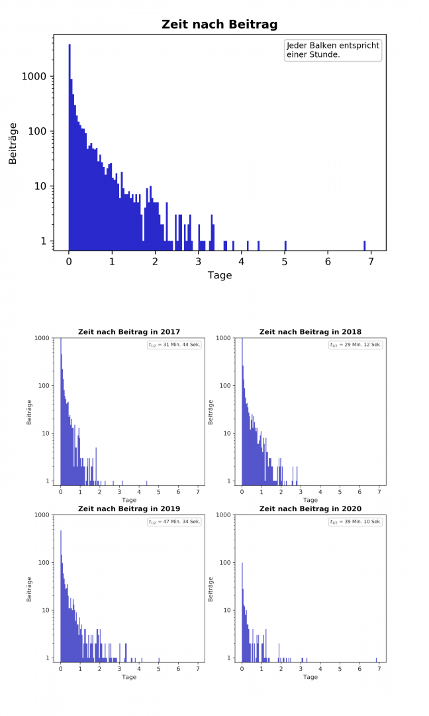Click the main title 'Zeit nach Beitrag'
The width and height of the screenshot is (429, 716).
[x=219, y=25]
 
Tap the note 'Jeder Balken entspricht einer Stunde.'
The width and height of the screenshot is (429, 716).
[x=332, y=50]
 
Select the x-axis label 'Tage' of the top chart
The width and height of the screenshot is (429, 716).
[x=220, y=275]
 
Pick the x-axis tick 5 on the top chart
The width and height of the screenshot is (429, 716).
[x=285, y=261]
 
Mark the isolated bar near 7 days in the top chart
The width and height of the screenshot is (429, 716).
[x=365, y=245]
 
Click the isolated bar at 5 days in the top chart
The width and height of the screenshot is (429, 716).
[x=285, y=245]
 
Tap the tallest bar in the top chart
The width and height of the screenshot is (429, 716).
[x=70, y=146]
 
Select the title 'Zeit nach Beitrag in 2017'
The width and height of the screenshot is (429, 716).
[x=129, y=331]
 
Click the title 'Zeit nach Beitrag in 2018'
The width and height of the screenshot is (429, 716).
[x=310, y=331]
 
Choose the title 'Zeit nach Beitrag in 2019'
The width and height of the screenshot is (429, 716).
[x=129, y=508]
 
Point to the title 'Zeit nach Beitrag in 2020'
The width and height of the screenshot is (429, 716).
[x=310, y=508]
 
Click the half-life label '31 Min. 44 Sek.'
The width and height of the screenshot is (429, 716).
[x=174, y=345]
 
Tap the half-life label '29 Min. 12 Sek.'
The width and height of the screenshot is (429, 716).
[x=356, y=345]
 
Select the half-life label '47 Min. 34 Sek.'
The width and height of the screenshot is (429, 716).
[x=174, y=522]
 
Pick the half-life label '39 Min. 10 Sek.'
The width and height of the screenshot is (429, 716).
[x=356, y=522]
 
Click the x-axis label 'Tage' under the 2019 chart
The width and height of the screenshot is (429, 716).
[x=129, y=677]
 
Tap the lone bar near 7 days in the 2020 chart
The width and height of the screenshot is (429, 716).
[x=377, y=660]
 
